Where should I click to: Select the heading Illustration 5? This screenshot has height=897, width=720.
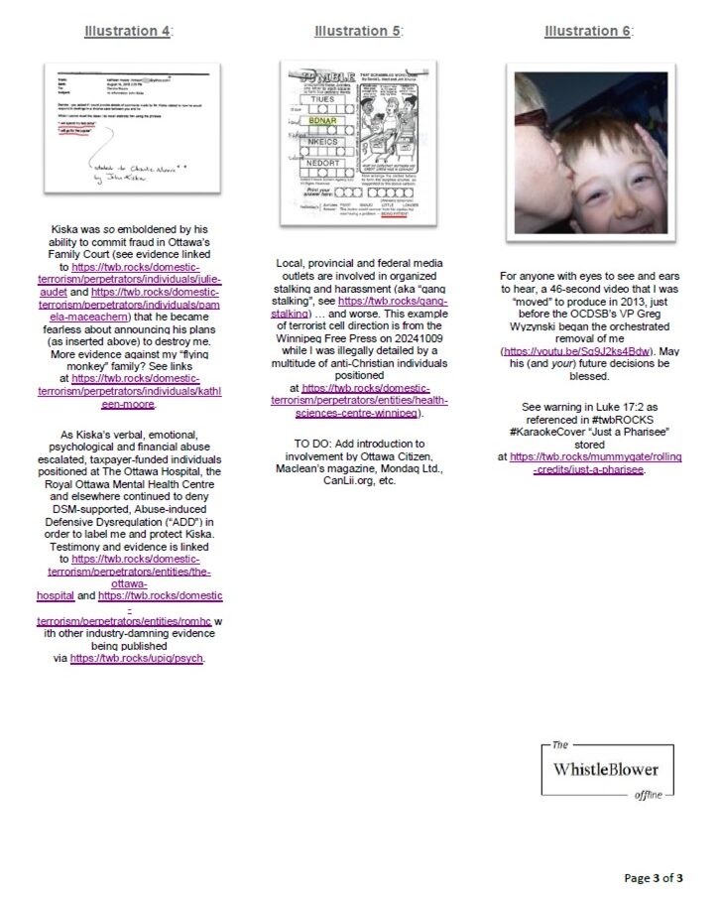pos(358,31)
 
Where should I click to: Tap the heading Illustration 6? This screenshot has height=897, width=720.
pos(587,31)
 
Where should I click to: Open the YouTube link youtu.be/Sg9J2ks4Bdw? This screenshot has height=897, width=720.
pos(574,351)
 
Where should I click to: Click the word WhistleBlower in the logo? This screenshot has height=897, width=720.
pos(605,769)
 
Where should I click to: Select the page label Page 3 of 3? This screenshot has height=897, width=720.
pos(653,877)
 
